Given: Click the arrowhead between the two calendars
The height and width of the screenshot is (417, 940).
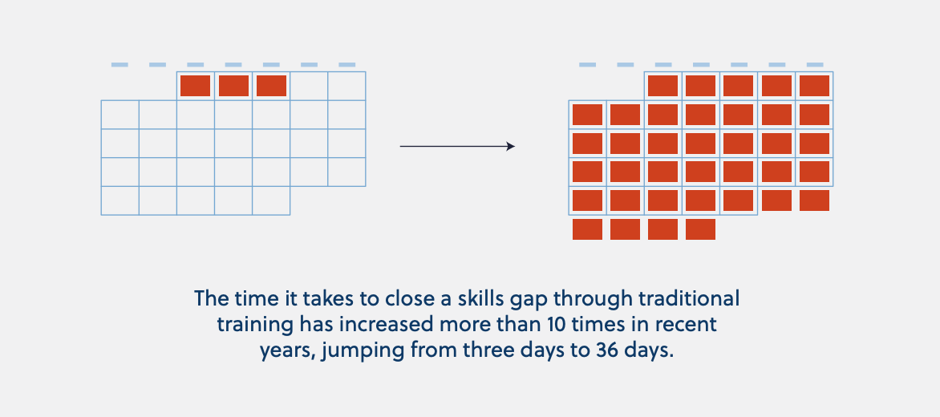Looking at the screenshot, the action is tap(511, 146).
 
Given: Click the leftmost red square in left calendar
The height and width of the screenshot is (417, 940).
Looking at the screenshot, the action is tap(196, 86).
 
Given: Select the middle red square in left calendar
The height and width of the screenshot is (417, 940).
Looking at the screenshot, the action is tap(233, 86).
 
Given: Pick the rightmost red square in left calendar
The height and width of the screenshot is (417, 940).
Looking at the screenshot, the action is tap(271, 86).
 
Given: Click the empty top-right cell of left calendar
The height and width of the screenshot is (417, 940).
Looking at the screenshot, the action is tap(346, 86).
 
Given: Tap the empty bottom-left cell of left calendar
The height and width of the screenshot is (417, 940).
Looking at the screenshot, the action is tap(120, 200).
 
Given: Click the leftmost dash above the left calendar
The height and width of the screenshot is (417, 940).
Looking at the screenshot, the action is tap(120, 65).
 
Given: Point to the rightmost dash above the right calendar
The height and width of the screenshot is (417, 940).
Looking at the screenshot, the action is tap(815, 65).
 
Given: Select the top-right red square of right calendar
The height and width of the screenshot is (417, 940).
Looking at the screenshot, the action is tap(814, 86).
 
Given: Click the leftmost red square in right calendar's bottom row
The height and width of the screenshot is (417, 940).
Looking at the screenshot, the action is tap(587, 229).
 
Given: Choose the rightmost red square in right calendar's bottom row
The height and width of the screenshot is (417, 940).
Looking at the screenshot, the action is tap(700, 229).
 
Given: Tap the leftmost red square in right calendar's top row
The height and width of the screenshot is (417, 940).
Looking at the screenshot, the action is tap(663, 86).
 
